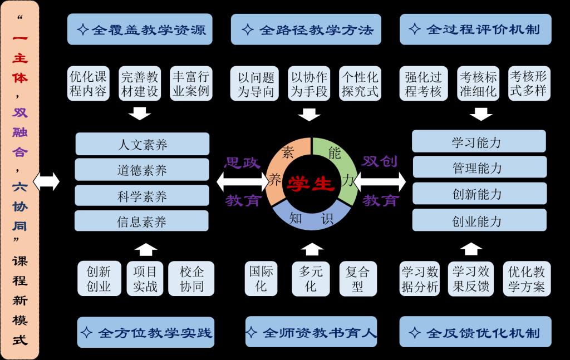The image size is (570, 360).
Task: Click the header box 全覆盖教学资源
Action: [141, 29]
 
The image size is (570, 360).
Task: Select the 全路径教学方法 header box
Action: [306, 29]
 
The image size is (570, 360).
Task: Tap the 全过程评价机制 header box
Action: [475, 29]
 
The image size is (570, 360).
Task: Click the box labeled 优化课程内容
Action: [89, 83]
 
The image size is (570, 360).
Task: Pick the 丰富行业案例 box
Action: [191, 83]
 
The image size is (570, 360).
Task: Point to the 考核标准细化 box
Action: [478, 83]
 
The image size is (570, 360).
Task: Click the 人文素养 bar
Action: [142, 145]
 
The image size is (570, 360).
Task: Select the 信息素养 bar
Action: [142, 222]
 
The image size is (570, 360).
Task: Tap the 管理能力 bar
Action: [479, 167]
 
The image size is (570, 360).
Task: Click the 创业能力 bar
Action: [479, 221]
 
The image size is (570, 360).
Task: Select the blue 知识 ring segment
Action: [310, 219]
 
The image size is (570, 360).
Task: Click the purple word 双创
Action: [380, 161]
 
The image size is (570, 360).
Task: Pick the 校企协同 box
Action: [191, 279]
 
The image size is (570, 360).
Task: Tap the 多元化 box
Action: [311, 279]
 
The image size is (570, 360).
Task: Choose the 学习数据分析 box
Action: [420, 279]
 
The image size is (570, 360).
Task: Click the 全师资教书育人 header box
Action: [311, 333]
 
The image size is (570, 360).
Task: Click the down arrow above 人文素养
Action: [140, 114]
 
